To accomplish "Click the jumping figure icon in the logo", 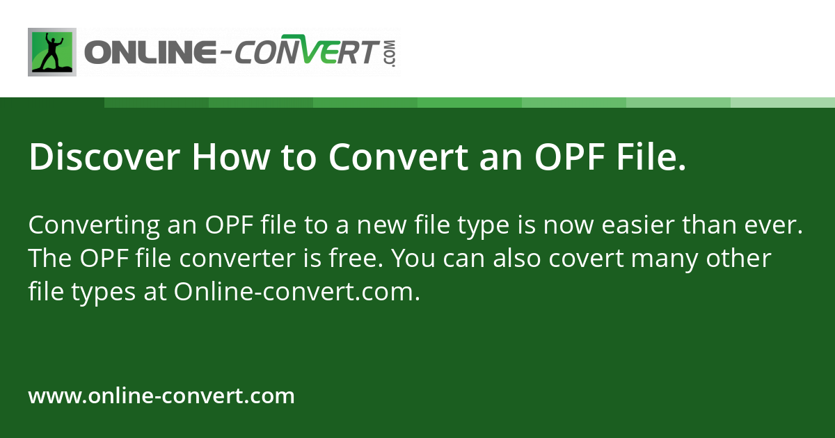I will (x=52, y=52).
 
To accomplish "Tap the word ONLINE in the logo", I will (x=145, y=53).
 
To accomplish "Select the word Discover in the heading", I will (x=103, y=157).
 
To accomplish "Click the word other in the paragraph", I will (x=744, y=259).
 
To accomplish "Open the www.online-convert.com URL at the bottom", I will (x=161, y=396).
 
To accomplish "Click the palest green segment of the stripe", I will (x=783, y=102).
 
